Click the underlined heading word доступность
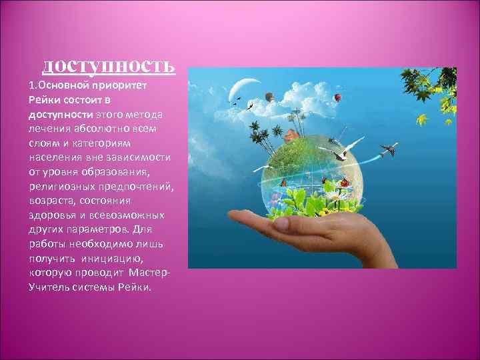tap(109, 65)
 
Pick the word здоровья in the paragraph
tap(51, 214)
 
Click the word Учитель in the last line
tap(47, 286)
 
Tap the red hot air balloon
tap(338, 97)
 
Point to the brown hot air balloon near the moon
tap(269, 97)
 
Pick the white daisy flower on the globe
tap(339, 195)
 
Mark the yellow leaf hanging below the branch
tap(421, 120)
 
